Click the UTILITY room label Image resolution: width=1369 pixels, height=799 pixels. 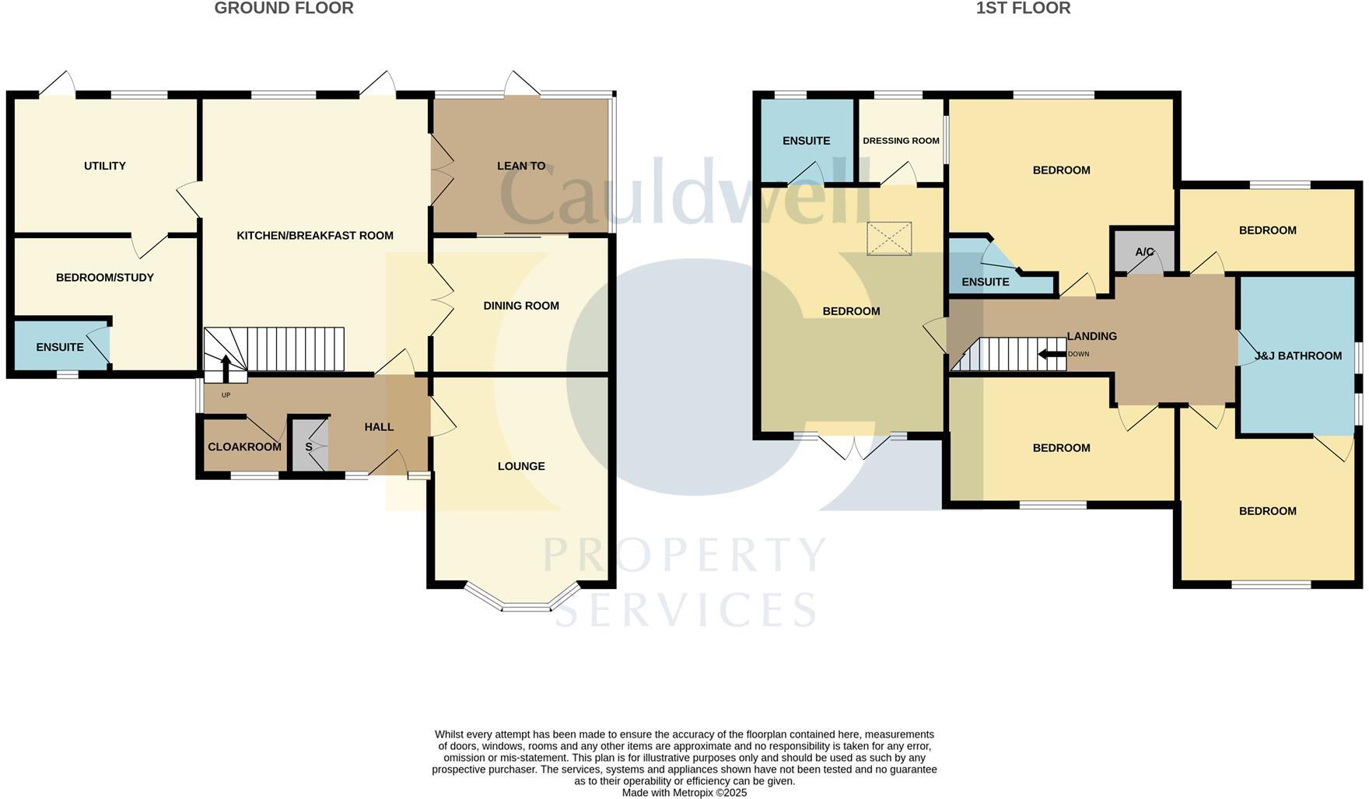(x=104, y=166)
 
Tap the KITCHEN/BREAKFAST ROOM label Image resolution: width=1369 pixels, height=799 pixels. (x=314, y=236)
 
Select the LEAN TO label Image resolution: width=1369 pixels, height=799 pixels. (x=520, y=166)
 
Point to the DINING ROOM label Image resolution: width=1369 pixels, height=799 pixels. (x=520, y=306)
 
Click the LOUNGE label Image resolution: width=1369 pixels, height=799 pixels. (x=520, y=466)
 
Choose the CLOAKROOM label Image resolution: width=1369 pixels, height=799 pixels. (x=244, y=447)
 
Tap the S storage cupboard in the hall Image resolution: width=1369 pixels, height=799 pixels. (x=309, y=447)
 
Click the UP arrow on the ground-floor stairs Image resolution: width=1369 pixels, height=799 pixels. (x=226, y=367)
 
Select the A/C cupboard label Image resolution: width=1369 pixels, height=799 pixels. (x=1144, y=252)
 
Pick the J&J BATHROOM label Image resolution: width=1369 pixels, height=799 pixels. (x=1297, y=356)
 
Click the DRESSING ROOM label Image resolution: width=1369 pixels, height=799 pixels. (x=901, y=141)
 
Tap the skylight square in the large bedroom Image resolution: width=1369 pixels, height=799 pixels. (x=888, y=239)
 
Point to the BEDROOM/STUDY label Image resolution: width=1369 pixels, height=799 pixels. (x=104, y=278)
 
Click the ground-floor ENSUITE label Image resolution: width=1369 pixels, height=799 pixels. (x=59, y=347)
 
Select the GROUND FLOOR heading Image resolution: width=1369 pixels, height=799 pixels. (x=284, y=9)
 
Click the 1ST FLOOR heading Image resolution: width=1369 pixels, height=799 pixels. (x=1023, y=9)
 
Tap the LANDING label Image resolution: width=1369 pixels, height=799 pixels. (x=1091, y=336)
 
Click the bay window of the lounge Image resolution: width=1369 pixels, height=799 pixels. (x=525, y=605)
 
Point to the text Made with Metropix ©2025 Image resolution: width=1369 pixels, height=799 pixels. (x=684, y=793)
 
